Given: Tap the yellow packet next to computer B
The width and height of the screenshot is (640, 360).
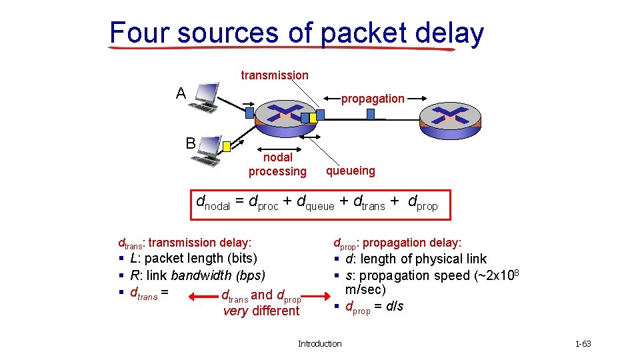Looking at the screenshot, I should [227, 146].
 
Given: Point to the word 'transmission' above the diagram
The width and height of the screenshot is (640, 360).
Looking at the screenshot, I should [275, 75].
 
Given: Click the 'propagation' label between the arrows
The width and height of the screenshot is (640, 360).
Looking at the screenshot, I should [373, 99].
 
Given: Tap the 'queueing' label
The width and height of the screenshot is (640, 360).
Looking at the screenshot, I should [350, 171].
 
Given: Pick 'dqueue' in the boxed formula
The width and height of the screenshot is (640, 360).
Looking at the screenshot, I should [315, 202].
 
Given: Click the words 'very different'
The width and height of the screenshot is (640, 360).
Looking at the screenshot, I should [261, 311].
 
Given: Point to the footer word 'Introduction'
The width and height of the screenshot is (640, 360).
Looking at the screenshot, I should [319, 344].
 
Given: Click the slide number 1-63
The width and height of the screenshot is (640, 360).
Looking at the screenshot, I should [583, 344].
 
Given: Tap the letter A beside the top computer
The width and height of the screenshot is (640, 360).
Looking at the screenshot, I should [181, 93].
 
